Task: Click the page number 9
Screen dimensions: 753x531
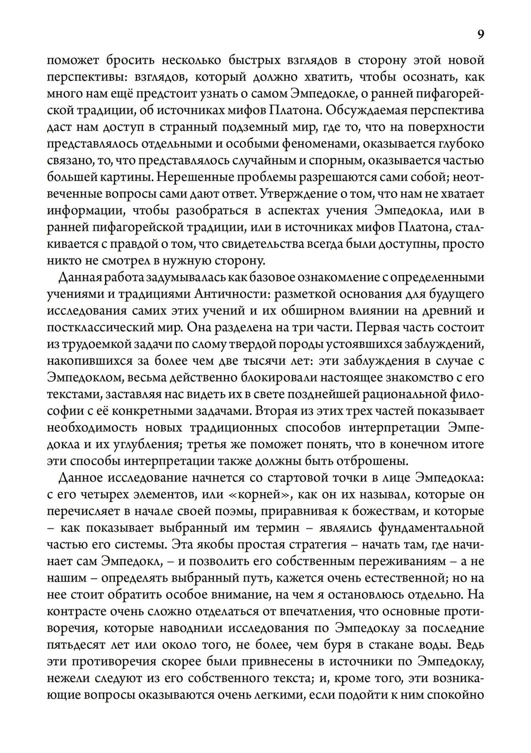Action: coord(480,35)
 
